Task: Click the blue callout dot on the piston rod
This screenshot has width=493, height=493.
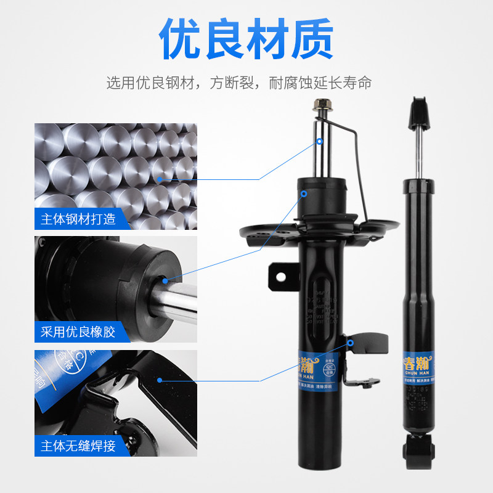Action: click(320, 141)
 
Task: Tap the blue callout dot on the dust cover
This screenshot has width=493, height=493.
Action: click(304, 194)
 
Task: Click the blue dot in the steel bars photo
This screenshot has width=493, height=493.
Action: click(160, 179)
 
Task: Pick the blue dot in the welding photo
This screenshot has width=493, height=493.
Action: click(160, 380)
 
